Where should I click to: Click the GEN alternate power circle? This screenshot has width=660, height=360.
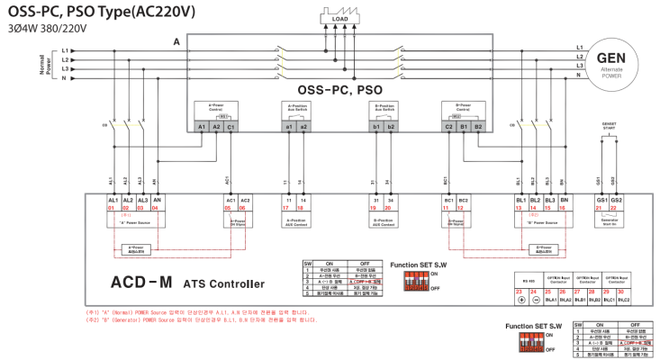coord(618,63)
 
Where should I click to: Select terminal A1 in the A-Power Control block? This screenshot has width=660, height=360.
coord(203,127)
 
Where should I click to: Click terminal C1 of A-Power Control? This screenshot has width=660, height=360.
coord(231,127)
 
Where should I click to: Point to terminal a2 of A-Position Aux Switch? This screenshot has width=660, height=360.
coord(303,127)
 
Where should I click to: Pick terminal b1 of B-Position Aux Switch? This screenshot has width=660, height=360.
coord(375,127)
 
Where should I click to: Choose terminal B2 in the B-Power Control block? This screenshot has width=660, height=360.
coord(478,127)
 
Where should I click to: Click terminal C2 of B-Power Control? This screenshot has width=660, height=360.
coord(448,127)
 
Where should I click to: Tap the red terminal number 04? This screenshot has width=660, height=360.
coord(157,208)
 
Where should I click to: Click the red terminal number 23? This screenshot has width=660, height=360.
coord(520,292)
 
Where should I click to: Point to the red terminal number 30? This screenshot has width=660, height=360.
coord(620,292)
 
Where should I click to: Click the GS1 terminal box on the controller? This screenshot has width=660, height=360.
coord(601,199)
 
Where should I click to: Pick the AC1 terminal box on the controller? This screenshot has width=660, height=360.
coord(231,199)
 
